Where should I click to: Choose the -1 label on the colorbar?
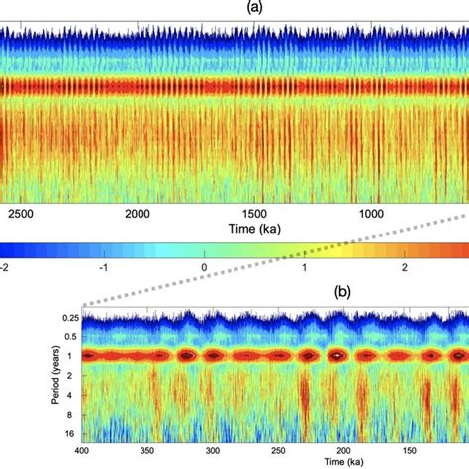tap(106, 267)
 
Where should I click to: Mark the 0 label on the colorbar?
tap(205, 267)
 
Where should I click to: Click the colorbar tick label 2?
tap(404, 267)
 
